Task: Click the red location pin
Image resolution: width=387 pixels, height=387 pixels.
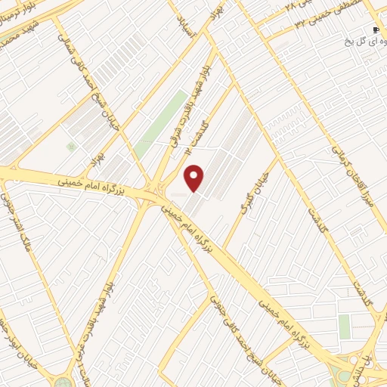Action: pos(195,178)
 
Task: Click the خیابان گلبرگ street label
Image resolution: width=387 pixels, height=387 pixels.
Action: pos(251,201)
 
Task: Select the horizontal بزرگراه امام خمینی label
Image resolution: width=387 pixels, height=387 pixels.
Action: pos(91,184)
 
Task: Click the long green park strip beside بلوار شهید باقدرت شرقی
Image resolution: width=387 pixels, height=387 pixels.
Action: pos(163,121)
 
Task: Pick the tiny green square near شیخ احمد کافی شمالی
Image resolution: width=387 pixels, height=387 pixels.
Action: pos(71,147)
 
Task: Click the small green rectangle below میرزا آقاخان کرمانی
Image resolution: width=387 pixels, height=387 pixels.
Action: pos(345,327)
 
